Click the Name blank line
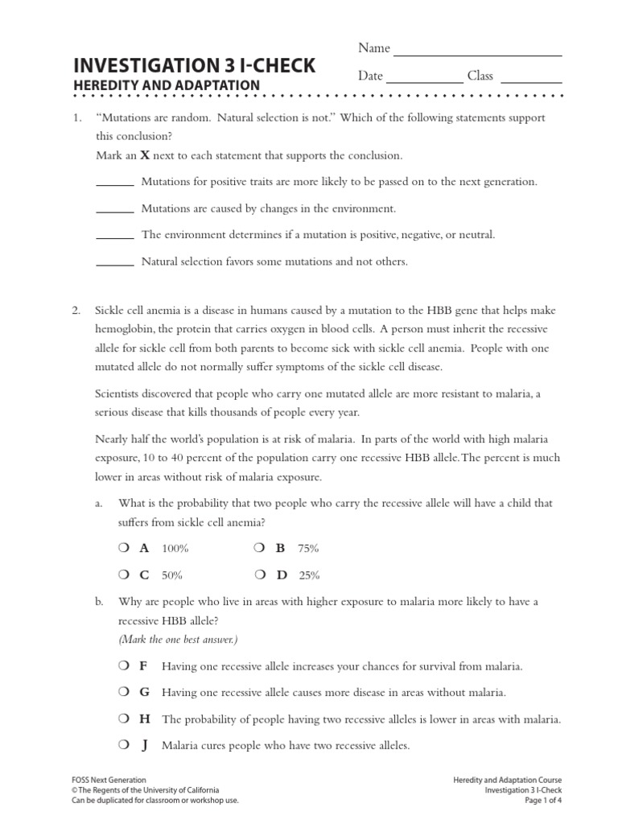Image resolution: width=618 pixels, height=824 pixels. tap(477, 53)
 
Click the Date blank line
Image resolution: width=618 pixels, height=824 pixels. tap(425, 80)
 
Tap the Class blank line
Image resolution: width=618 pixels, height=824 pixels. tap(531, 80)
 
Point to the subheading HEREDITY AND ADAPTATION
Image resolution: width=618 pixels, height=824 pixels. tap(167, 85)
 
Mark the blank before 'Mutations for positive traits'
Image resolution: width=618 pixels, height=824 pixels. tap(115, 183)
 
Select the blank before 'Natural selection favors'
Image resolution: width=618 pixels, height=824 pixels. tap(115, 263)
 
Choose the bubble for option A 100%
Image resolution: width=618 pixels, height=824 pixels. tap(122, 548)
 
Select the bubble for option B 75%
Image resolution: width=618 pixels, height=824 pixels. tap(259, 548)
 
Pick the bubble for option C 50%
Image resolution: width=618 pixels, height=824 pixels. tap(122, 575)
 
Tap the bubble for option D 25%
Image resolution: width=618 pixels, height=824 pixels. tap(259, 575)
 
